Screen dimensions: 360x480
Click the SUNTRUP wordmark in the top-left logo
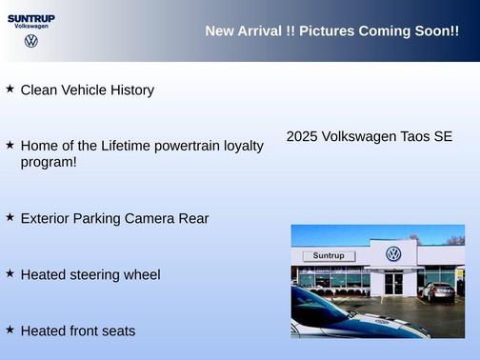tap(31, 17)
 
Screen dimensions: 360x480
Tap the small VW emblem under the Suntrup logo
tap(31, 41)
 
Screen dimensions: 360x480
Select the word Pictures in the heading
tap(325, 31)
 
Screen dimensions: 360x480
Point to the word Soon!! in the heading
tap(437, 31)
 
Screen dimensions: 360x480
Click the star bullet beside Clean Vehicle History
tap(10, 89)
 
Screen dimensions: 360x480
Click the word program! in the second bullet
tap(49, 162)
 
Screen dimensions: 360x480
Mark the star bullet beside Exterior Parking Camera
tap(10, 216)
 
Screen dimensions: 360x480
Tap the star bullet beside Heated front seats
tap(10, 329)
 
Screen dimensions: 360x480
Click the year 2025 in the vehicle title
tap(302, 137)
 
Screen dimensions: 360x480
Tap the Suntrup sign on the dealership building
tap(328, 256)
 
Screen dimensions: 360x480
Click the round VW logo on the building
tap(393, 254)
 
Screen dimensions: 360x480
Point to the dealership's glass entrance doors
tap(393, 283)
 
